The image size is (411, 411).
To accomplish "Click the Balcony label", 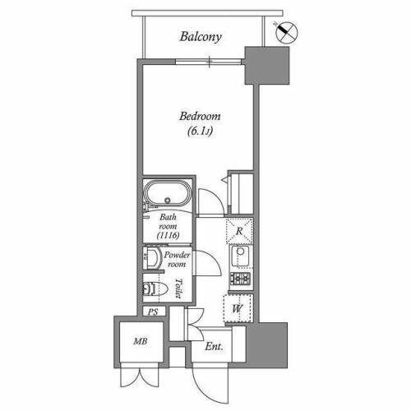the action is [201, 37].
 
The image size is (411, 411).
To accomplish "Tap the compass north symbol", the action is [286, 32].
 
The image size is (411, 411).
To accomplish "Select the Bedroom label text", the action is [200, 117].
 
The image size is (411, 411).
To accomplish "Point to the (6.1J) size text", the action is [200, 132].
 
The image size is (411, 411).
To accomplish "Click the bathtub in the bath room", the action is [167, 194].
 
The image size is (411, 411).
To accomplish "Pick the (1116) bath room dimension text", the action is [168, 235].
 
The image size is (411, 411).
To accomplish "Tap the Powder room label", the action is [177, 260].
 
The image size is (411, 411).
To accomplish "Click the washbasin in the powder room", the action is [152, 258].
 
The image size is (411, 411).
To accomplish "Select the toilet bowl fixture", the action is [155, 289].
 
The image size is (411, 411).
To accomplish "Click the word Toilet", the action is [178, 289].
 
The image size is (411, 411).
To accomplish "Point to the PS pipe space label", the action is [153, 312].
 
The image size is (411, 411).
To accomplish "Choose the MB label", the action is [141, 341].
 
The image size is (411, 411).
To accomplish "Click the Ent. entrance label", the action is [214, 347].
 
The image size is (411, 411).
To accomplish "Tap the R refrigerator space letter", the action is [239, 231].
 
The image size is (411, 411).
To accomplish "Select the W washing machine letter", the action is [238, 309].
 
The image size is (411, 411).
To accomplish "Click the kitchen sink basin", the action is [240, 256].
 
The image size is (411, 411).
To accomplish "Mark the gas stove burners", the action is [240, 279].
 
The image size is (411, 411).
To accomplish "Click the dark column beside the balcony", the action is [267, 66].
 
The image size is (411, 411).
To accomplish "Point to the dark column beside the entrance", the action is [267, 345].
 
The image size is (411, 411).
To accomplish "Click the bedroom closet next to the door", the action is [241, 193].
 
